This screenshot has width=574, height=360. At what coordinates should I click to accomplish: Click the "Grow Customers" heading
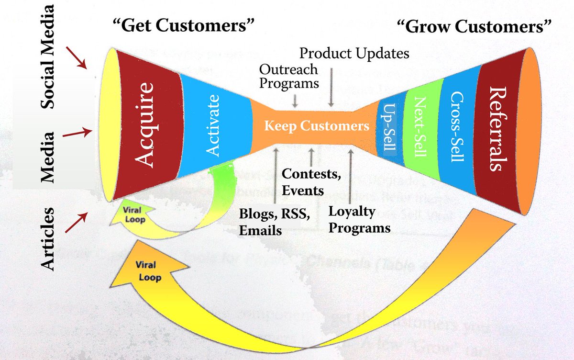coord(472,27)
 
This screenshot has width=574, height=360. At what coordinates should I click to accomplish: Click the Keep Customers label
coord(317,126)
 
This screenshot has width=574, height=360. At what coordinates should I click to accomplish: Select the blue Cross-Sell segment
coord(456,125)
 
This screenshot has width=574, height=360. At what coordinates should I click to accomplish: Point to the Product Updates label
coord(354,54)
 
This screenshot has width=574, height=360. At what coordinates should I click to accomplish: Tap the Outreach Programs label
coord(288,76)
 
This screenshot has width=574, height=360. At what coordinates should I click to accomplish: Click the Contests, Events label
coord(311,182)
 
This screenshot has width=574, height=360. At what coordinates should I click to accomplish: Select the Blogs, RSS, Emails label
coord(275,222)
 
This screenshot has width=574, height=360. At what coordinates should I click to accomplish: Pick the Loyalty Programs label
coord(359,220)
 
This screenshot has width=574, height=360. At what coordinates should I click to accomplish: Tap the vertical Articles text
coord(47,240)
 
